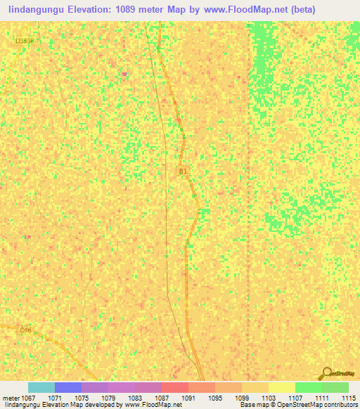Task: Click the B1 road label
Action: pos(183,171)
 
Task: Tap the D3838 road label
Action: pos(24,41)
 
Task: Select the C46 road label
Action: pos(25,330)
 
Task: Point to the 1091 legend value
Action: pos(188,397)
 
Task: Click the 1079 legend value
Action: pos(108,397)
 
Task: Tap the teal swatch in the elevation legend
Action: pos(41,387)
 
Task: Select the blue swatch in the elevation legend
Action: pos(67,387)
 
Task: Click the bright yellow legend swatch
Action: pos(281,387)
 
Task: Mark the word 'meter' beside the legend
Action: pos(11,397)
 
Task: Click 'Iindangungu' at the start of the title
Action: pos(34,10)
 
